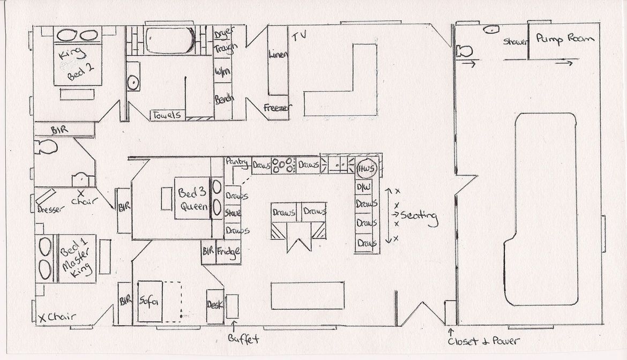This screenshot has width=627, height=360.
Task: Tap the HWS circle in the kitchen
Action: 368,167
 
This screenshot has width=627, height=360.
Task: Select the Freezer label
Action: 278,108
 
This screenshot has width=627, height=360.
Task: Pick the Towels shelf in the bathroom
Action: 167,115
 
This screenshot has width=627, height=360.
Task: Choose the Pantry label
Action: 235,161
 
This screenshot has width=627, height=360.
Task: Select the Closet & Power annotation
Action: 484,341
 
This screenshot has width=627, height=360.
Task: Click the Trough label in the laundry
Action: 225,49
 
